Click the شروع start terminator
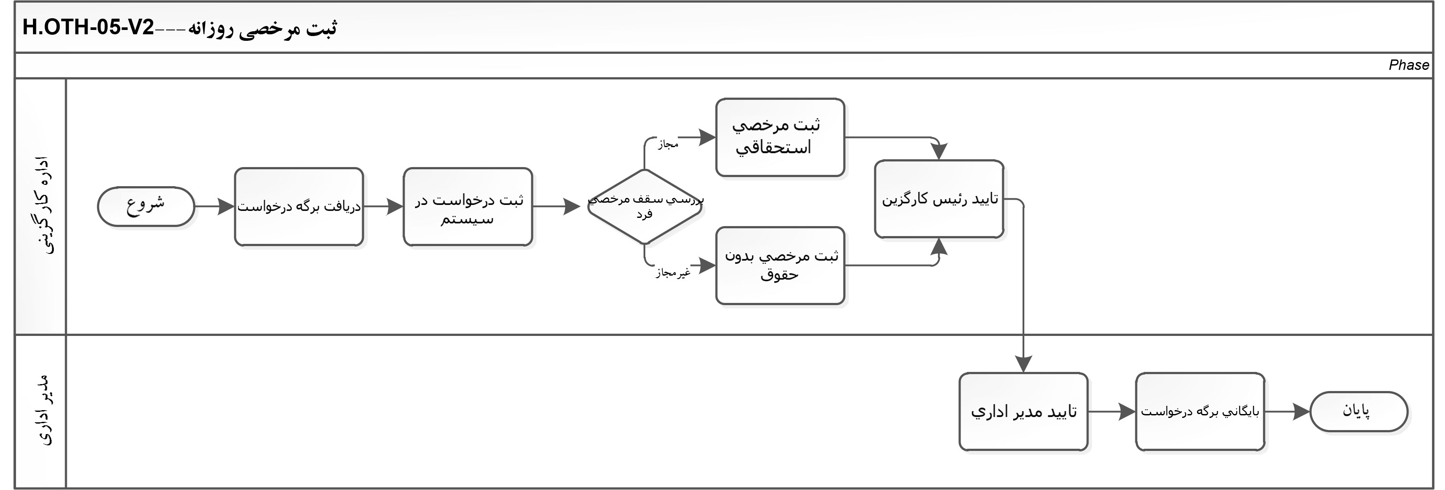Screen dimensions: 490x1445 [x=146, y=207]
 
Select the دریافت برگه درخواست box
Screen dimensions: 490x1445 [x=299, y=207]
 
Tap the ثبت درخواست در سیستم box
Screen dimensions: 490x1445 [x=468, y=207]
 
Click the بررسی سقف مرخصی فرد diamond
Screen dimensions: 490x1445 [x=645, y=207]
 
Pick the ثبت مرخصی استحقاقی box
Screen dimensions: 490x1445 [x=780, y=138]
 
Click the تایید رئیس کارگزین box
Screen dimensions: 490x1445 [x=939, y=199]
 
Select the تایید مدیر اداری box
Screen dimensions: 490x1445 [x=1024, y=411]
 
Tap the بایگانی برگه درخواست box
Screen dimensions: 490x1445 [x=1200, y=411]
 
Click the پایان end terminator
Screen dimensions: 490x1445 [x=1359, y=411]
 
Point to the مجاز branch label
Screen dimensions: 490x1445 [x=668, y=144]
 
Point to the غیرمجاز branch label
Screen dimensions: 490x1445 [x=673, y=273]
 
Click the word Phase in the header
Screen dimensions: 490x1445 [x=1409, y=65]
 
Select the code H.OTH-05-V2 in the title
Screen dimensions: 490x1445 [x=88, y=27]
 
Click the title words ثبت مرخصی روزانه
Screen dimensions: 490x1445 [x=262, y=28]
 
